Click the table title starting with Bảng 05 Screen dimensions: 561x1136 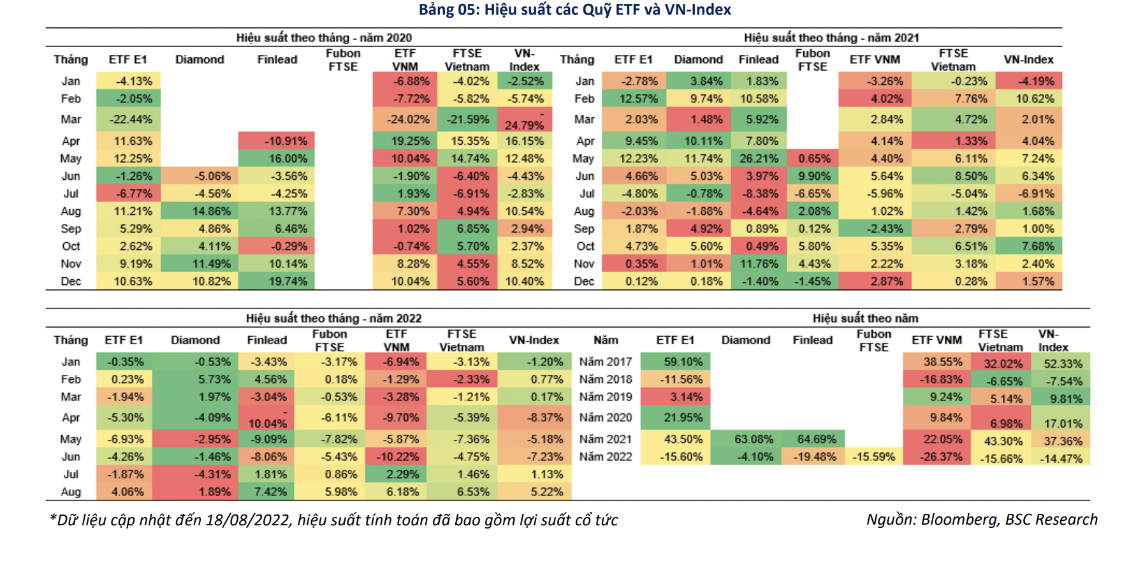(x=574, y=10)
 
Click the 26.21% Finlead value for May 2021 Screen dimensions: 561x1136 (x=759, y=158)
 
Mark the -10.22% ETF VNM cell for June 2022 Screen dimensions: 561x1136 (x=397, y=456)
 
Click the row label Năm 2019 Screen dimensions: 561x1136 (x=606, y=397)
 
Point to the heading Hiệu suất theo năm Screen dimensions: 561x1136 (x=865, y=318)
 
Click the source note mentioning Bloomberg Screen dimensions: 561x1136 (x=981, y=520)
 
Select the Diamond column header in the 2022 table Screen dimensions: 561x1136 (x=195, y=340)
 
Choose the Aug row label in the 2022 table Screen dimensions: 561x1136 (x=71, y=492)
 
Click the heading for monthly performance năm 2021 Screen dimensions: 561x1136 (x=831, y=38)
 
